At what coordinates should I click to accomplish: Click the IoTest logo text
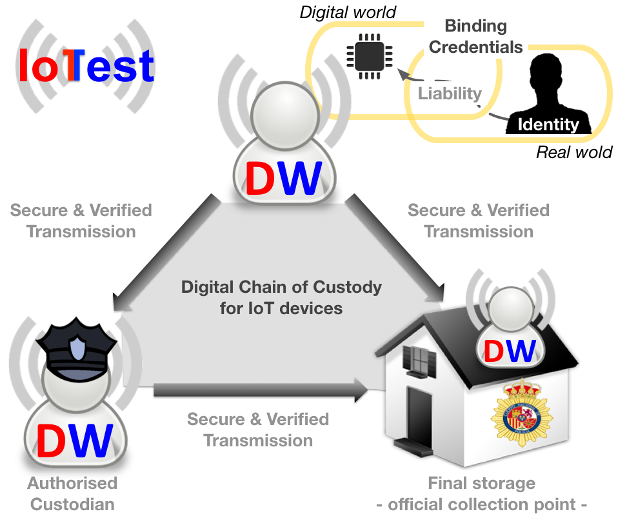[x=86, y=66]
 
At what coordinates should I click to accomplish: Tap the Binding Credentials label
[x=476, y=37]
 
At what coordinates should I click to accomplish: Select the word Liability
[x=450, y=94]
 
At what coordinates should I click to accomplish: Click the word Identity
[x=548, y=124]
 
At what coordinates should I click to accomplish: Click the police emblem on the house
[x=522, y=412]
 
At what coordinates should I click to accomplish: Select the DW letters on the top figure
[x=283, y=177]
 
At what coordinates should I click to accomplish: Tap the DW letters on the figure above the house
[x=510, y=352]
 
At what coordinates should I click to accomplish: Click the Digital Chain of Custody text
[x=281, y=297]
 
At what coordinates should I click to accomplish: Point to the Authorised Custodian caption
[x=72, y=493]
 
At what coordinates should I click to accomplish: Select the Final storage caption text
[x=481, y=493]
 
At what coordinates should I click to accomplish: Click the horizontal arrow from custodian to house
[x=258, y=389]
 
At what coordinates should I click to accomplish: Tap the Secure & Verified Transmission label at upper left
[x=81, y=221]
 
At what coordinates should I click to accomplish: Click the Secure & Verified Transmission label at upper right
[x=479, y=221]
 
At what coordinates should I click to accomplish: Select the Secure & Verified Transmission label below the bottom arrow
[x=258, y=430]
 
